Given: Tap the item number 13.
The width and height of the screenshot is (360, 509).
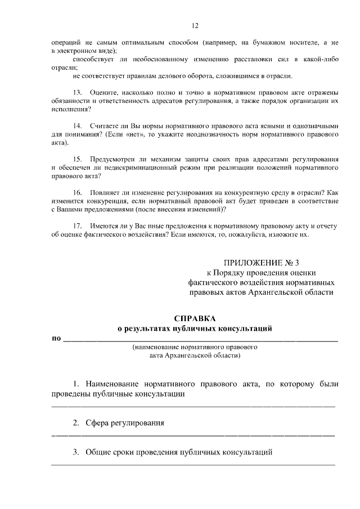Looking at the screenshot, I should tap(78, 92).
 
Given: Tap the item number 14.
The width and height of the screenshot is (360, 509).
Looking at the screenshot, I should tap(78, 127).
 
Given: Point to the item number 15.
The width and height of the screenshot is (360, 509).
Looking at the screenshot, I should tap(78, 159).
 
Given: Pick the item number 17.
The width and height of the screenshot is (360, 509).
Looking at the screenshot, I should tap(78, 226).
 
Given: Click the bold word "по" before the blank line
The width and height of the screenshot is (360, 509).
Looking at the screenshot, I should tap(56, 339).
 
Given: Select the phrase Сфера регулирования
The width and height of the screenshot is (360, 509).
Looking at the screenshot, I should tap(125, 423).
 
